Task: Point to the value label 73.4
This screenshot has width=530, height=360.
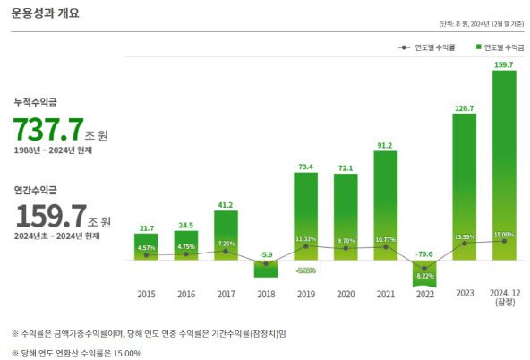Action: tap(305, 167)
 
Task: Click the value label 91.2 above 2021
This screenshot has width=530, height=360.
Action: tap(385, 145)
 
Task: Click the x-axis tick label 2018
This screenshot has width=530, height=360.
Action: tap(265, 293)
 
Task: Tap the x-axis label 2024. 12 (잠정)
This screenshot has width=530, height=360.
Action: tap(504, 298)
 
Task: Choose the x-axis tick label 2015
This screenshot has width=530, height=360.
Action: tap(146, 293)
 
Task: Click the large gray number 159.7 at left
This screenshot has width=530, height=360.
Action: tap(47, 216)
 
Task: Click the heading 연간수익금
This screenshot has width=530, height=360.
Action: tap(36, 190)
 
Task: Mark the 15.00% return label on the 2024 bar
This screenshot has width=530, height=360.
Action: tap(504, 235)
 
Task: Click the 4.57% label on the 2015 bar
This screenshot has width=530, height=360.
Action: tap(146, 247)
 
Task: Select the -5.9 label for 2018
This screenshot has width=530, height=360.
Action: tap(265, 254)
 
